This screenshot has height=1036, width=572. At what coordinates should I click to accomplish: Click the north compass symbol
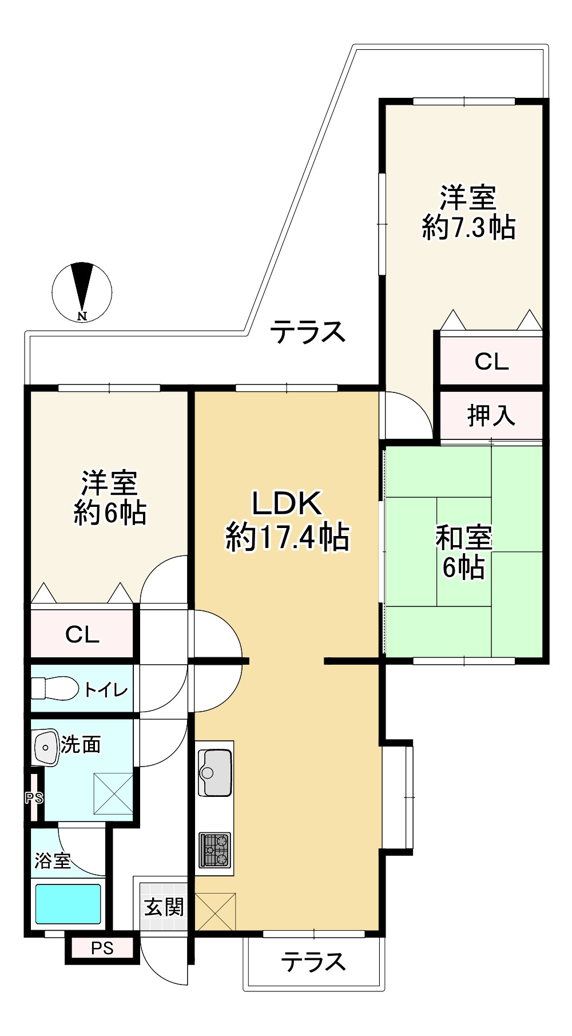coord(82,292)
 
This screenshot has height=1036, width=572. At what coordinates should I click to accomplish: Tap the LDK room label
coord(287,503)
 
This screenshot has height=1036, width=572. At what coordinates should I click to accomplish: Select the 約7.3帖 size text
coord(468,228)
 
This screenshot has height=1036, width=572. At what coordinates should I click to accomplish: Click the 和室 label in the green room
coord(464,537)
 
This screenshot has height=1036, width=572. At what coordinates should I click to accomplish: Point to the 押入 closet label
coord(491,415)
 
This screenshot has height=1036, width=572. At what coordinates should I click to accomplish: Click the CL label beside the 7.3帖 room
coord(491,362)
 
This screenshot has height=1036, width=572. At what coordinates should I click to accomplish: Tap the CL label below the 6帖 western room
coord(82,634)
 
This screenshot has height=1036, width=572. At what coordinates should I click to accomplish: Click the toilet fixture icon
coord(54,688)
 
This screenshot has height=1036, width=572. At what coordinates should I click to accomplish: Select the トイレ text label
coord(106,689)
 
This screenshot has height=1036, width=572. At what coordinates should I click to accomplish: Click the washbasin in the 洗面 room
coord(46,747)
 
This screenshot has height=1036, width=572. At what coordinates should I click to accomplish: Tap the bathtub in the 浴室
coord(68,904)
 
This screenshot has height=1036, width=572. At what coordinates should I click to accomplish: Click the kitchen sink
coord(214,772)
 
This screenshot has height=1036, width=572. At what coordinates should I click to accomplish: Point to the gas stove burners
coord(214,850)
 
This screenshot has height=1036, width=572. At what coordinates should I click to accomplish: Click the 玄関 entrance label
coord(164,907)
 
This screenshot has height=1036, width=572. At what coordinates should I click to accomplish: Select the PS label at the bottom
coord(102,948)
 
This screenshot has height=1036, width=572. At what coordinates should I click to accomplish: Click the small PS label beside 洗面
coord(34,797)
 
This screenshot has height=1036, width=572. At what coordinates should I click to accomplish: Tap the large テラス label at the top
coord(308,332)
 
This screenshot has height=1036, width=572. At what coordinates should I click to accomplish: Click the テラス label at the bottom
coord(313,962)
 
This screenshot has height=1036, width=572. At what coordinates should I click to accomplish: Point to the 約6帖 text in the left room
coord(110,513)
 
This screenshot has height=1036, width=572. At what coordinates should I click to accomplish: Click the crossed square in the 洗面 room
coord(113,793)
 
